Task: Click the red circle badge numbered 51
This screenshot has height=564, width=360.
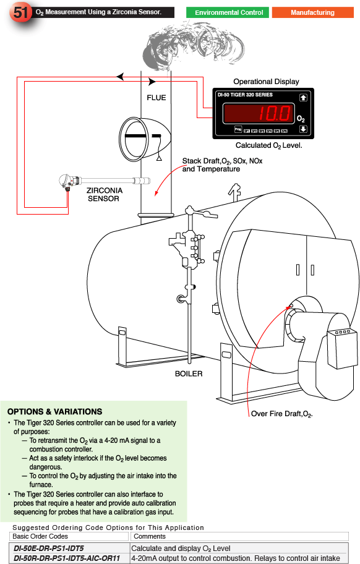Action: click(x=18, y=13)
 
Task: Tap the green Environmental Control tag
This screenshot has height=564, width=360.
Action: click(x=228, y=12)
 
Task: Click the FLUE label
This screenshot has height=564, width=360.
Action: click(x=156, y=98)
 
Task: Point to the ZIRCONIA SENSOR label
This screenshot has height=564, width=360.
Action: click(x=103, y=194)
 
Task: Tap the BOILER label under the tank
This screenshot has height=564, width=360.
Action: click(x=188, y=374)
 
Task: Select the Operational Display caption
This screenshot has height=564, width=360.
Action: click(x=266, y=82)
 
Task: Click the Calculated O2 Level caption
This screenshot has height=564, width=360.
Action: click(x=268, y=145)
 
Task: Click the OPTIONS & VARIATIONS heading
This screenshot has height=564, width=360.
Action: click(x=54, y=412)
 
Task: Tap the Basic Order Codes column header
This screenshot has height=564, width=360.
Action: click(x=40, y=537)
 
